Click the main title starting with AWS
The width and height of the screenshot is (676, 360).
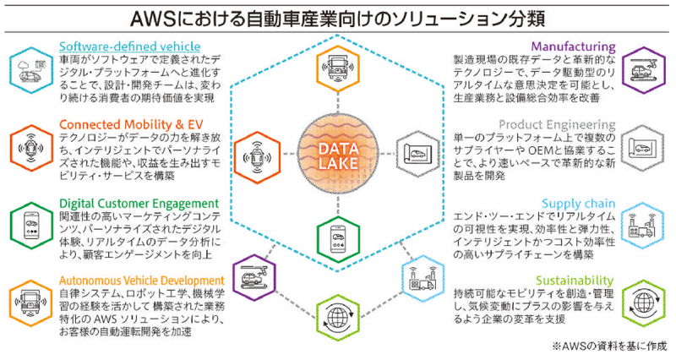338,17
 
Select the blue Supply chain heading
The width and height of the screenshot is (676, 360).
582,204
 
